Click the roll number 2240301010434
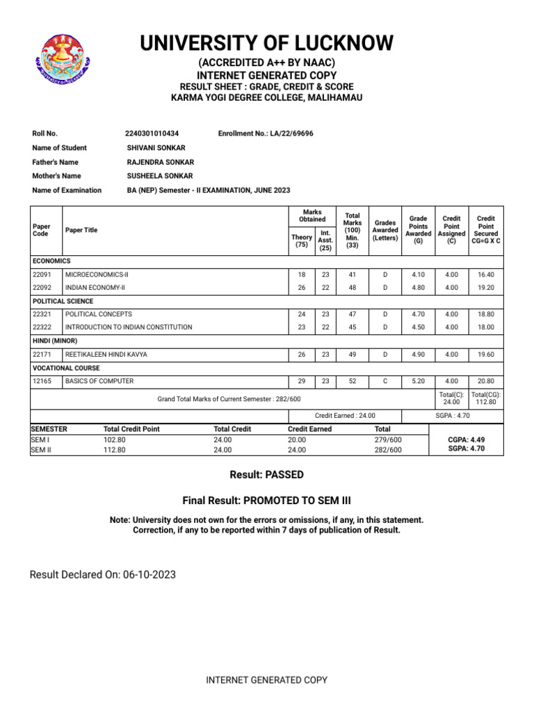152,133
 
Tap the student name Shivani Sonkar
156,147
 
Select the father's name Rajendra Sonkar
160,162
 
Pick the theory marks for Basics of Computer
301,381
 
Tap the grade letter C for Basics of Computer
385,381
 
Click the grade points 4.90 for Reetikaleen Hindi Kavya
419,355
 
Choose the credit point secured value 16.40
486,275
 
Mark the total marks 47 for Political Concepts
353,314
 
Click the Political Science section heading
63,301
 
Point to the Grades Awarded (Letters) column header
385,229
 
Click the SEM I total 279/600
388,439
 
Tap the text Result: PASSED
266,475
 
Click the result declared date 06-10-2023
149,574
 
